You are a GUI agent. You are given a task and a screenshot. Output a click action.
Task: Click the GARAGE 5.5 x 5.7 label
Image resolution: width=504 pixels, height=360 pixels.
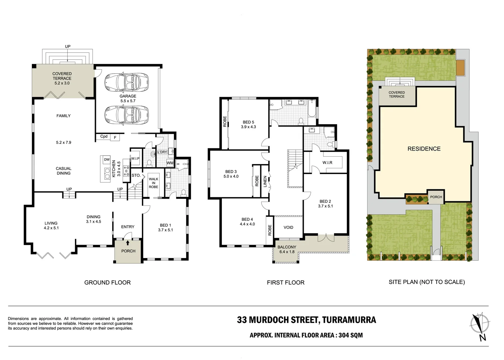tap(128, 99)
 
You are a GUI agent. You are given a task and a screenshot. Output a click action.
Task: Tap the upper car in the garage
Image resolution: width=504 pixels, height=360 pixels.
tap(127, 82)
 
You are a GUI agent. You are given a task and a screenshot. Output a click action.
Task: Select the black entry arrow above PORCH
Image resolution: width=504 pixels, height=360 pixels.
tap(128, 243)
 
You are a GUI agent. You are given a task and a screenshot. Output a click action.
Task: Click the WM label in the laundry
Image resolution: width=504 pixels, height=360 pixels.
tap(170, 163)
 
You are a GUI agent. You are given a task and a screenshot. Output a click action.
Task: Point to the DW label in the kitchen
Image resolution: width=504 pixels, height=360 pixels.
tap(107, 160)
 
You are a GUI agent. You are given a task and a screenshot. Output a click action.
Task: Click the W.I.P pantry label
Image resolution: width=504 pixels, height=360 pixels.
tap(136, 158)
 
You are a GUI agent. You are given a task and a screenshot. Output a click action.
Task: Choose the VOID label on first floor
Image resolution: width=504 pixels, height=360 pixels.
tap(288, 227)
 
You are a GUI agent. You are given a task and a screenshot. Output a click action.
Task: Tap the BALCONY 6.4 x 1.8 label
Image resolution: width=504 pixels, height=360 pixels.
tap(287, 249)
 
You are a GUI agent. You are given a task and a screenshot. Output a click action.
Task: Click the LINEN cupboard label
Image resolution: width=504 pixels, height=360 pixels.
tap(265, 181)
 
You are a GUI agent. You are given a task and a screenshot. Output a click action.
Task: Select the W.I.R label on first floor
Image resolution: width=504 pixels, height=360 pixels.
tap(327, 163)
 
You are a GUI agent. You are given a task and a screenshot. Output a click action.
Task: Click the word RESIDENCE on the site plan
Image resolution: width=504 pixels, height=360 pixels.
tap(424, 149)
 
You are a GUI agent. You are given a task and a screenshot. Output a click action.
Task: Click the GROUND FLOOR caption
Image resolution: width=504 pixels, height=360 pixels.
tap(108, 283)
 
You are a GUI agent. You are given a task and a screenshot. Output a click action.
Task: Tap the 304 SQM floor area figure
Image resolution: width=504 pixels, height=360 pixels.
tap(350, 335)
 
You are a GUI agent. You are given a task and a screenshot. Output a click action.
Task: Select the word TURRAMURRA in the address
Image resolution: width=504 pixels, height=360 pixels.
tap(349, 320)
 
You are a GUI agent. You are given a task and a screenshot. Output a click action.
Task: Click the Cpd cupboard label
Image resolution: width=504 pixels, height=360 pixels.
tap(104, 136)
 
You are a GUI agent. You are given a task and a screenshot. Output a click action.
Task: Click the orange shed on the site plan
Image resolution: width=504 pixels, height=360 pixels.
tap(461, 68)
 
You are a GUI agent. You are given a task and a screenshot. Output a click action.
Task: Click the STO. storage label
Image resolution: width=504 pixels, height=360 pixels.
tap(136, 175)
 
